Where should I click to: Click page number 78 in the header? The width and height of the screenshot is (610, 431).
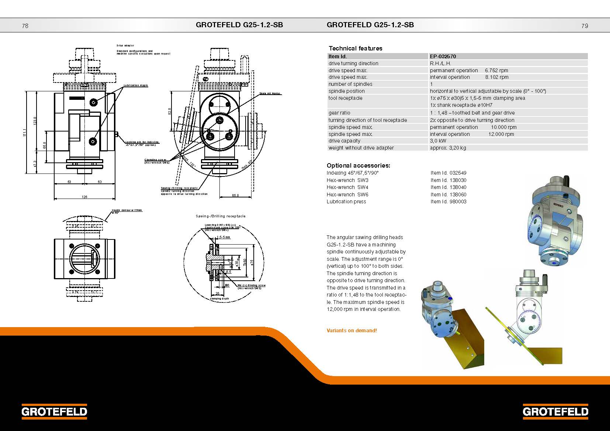point(25,26)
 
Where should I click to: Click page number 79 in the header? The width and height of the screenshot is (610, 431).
point(585,26)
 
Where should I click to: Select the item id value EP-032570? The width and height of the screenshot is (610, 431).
point(443,56)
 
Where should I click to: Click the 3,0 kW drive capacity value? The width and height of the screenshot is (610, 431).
point(438,141)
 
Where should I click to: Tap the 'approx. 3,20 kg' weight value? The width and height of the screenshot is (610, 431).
point(448,148)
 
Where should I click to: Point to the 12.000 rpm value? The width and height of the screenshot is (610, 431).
point(501,134)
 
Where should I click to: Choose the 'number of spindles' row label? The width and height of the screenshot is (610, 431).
point(350,84)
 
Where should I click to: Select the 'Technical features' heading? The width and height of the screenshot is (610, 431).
point(356,48)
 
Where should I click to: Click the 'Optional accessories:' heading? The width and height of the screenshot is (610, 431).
point(358,165)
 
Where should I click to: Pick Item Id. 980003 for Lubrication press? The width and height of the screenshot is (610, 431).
point(448,202)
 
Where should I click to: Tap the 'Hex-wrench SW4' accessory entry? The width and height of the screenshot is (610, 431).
point(347,187)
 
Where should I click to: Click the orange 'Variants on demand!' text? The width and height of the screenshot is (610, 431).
point(352,330)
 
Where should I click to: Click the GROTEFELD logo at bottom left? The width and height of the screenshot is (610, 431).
point(54,411)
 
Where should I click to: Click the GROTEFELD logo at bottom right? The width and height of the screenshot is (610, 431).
point(555,411)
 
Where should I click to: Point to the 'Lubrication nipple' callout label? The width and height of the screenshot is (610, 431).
point(136,85)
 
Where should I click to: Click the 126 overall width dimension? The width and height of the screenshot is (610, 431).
point(84,197)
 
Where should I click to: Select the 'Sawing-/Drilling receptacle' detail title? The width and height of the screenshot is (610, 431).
point(221,216)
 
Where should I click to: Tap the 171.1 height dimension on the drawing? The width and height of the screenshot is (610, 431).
point(25,133)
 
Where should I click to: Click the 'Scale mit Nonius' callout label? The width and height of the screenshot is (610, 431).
point(270,94)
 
